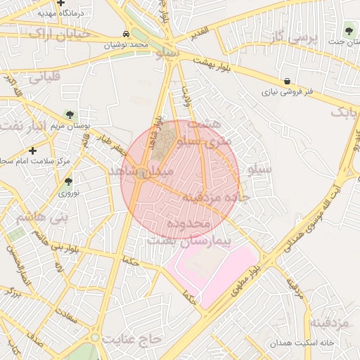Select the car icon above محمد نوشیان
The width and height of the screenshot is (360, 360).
tap(125, 34)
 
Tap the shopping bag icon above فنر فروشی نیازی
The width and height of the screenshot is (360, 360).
tap(287, 82)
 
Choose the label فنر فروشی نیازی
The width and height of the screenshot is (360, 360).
tap(287, 92)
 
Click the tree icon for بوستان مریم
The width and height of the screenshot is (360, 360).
tap(69, 114)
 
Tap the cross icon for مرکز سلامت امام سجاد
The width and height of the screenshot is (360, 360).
tap(33, 150)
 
